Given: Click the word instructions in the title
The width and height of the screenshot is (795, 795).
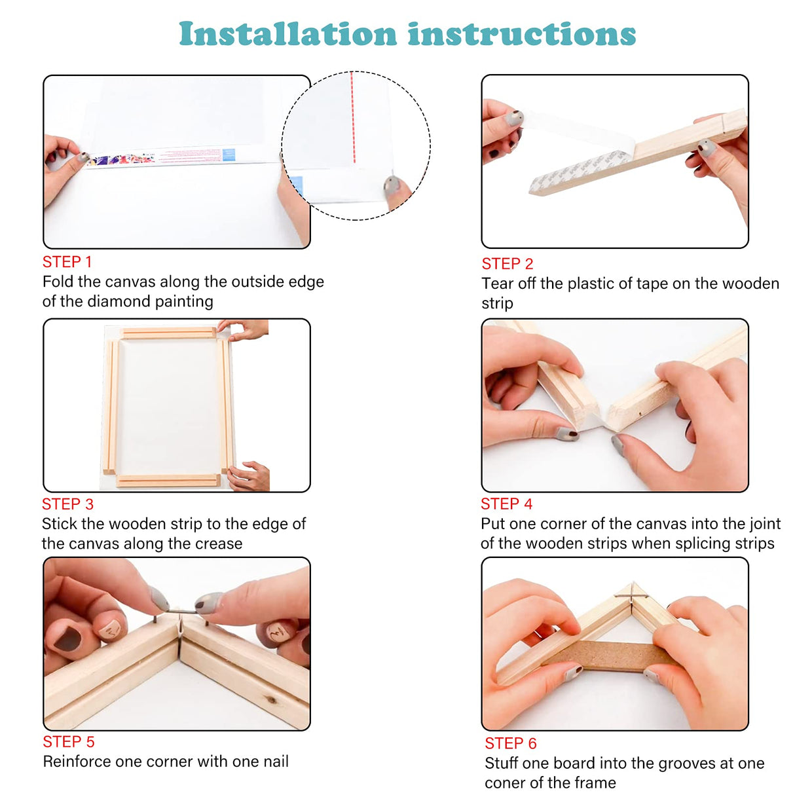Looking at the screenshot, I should pos(521,34).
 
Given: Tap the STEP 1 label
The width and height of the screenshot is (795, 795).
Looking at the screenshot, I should pos(67,262).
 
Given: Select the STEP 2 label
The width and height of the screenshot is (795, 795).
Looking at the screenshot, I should pos(507,264).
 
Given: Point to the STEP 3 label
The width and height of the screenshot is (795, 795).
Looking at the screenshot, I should pos(67,504).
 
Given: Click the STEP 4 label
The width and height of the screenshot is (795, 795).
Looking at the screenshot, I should pos(506,504).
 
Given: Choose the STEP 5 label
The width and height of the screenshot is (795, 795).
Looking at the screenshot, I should pos(68,742).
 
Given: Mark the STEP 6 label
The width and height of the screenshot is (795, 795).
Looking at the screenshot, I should pos(510,744).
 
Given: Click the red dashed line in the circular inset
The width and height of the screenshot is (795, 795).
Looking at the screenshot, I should pos(352,118).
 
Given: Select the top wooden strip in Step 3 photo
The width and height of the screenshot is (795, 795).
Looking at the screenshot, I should pos(169,333).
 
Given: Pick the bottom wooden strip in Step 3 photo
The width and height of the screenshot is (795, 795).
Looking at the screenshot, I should pos(168,481).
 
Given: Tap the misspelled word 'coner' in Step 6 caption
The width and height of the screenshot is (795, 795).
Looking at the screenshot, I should pos(504,783).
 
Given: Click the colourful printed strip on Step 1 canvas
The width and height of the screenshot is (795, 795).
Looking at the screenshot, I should pos(121,159).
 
